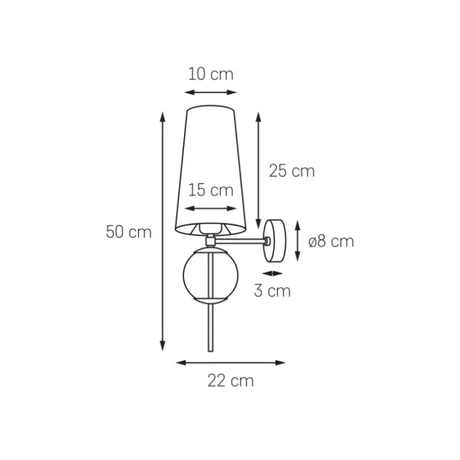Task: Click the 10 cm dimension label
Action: (x=211, y=74)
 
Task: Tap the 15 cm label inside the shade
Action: (x=211, y=190)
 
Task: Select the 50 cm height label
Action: (x=128, y=232)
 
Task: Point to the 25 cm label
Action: (x=292, y=171)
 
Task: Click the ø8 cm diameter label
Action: (x=331, y=241)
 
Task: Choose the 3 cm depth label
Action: (x=272, y=291)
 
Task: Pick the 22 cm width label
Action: (x=231, y=381)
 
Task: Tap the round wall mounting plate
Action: (x=275, y=241)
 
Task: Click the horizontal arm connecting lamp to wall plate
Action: (x=240, y=241)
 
